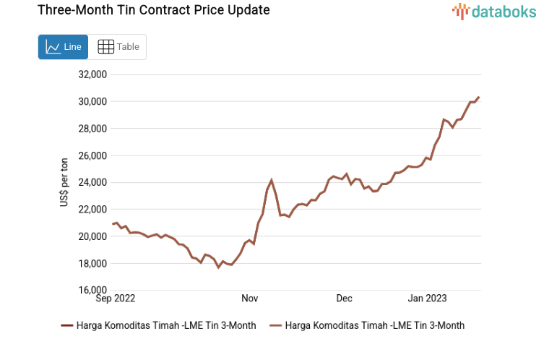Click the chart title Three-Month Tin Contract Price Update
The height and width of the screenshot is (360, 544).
tap(143, 11)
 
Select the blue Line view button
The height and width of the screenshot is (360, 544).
tap(64, 47)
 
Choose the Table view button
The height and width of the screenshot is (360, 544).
tap(118, 47)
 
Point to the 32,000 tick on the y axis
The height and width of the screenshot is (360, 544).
tap(92, 74)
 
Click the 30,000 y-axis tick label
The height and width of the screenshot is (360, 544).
tap(92, 101)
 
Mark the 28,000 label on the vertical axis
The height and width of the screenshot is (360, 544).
tap(92, 129)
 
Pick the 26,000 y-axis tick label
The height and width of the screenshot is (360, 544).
tap(92, 155)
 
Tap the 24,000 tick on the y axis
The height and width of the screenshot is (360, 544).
tap(92, 182)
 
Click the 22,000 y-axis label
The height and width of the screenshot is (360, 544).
tap(92, 210)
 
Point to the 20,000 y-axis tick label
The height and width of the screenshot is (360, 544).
tap(92, 236)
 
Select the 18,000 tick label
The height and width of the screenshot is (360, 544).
tap(92, 263)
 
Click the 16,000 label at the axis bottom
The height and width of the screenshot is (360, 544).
tap(92, 291)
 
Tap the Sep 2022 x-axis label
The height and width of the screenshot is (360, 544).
tap(116, 298)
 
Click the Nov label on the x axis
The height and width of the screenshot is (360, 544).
tap(249, 298)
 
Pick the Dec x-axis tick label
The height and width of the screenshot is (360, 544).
tap(344, 298)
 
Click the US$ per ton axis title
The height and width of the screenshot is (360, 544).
tap(65, 182)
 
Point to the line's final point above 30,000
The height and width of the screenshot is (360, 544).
tap(478, 98)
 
